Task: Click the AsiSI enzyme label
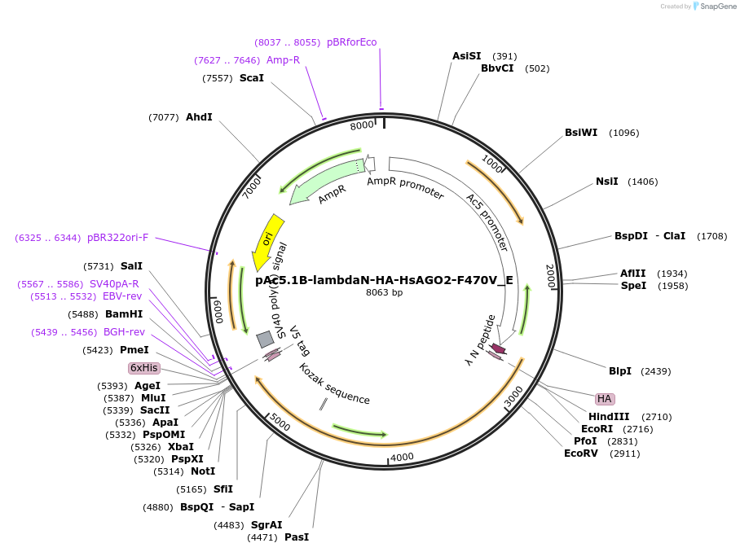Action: coord(467,56)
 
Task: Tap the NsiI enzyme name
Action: coord(607,182)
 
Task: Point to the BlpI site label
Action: coord(620,371)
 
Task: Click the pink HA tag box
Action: coord(604,399)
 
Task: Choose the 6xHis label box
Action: coord(144,368)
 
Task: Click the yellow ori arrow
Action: coord(267,240)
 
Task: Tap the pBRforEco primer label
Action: coord(352,42)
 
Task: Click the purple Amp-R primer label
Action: coord(283,60)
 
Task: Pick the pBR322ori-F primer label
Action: coord(118,238)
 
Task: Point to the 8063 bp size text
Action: coord(384,292)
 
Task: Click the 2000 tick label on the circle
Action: coord(551,276)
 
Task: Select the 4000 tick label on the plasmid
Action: coord(402,457)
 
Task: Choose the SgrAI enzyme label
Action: coord(266,525)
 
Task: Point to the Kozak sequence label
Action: coord(334,384)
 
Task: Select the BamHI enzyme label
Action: coord(124,314)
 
